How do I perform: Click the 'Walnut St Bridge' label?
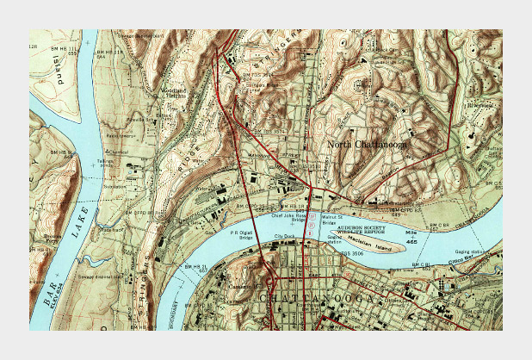(x=334, y=220)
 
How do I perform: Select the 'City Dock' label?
(x=284, y=235)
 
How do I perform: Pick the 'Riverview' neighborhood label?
(x=479, y=104)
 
